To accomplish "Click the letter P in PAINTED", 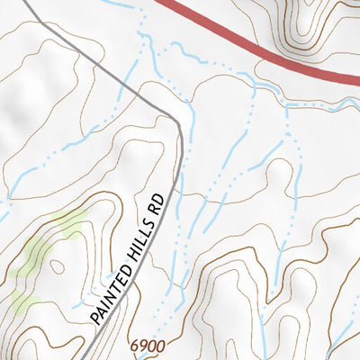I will (x=95, y=319).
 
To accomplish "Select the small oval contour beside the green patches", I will (x=56, y=266).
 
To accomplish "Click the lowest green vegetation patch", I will (x=24, y=301).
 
